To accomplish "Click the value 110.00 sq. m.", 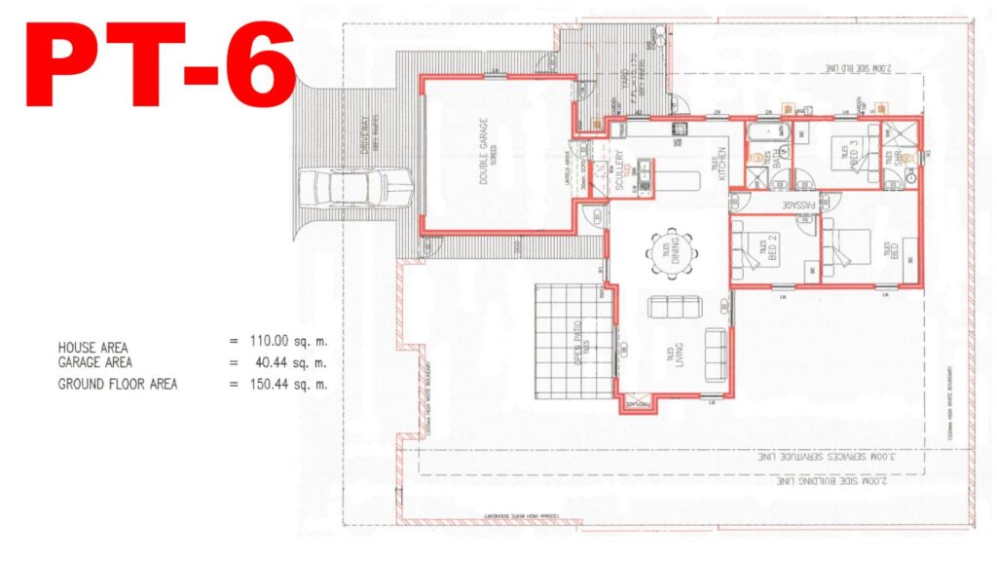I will coord(289,342).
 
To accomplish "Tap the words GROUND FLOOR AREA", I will coord(117,384).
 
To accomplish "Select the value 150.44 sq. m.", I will coord(289,384).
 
